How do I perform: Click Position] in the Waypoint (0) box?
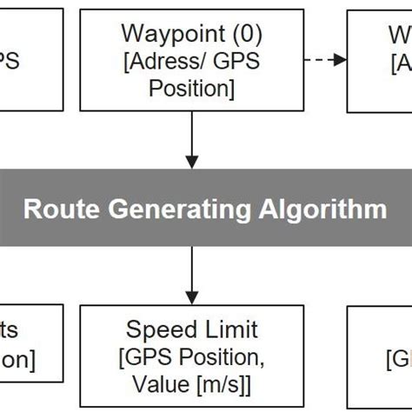[192, 89]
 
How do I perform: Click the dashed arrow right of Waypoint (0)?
[326, 59]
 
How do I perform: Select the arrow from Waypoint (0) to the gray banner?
[192, 138]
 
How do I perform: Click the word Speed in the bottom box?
[157, 329]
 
